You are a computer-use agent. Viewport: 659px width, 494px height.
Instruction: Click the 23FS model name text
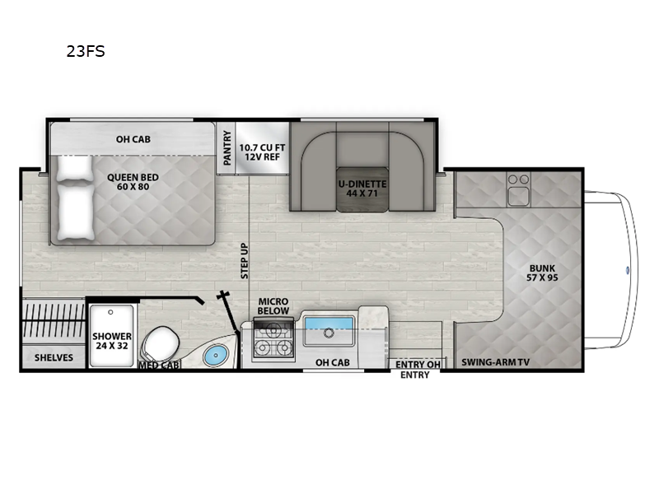(x=86, y=51)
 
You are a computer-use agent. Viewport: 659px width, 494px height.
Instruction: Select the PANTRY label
(x=227, y=147)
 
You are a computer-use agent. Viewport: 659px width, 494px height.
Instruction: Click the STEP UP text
(x=245, y=261)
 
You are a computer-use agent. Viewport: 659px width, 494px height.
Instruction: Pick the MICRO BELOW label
(x=273, y=306)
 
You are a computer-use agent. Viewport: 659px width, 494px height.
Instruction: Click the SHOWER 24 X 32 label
(x=112, y=340)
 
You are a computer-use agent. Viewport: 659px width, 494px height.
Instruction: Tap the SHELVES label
(x=54, y=357)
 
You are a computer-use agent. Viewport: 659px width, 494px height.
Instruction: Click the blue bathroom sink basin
(x=214, y=357)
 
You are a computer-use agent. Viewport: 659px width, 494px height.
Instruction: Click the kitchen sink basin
(x=329, y=333)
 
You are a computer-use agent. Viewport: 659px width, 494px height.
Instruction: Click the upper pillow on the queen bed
(x=76, y=168)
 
